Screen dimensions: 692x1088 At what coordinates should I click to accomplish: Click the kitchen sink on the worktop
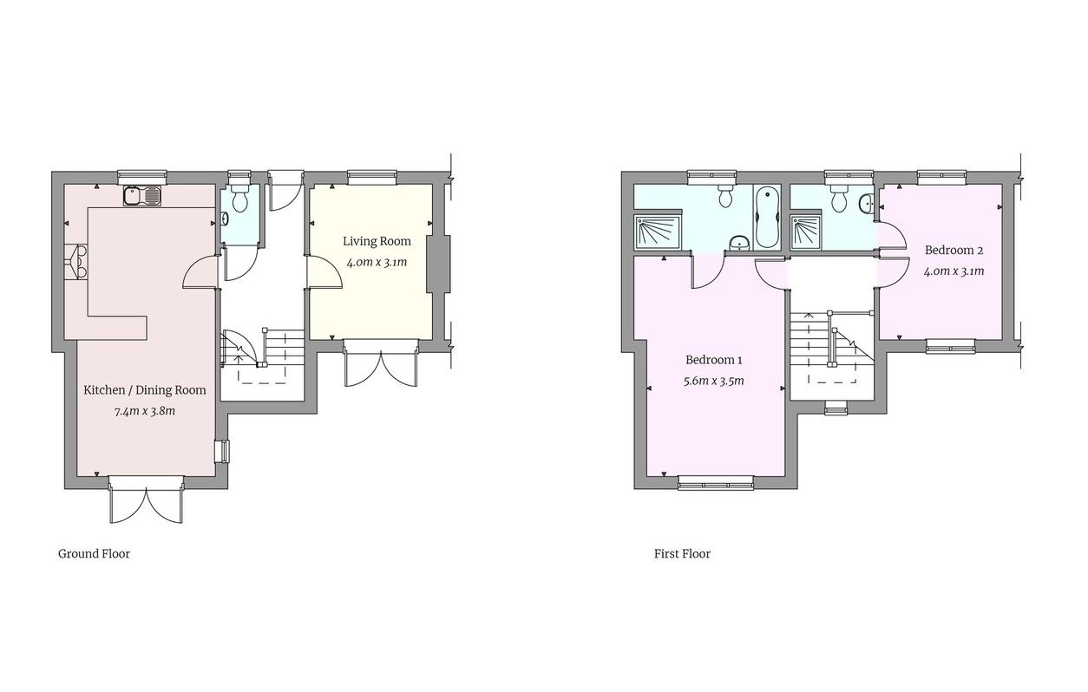tap(143, 196)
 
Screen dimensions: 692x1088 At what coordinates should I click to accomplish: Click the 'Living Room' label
tap(377, 241)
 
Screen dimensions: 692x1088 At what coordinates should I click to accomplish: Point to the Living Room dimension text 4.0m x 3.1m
tap(377, 262)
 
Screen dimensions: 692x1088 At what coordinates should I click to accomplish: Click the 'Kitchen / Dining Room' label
tap(145, 390)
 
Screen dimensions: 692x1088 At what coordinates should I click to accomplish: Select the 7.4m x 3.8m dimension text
tap(145, 411)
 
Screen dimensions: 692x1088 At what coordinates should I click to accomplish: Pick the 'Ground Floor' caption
tap(94, 553)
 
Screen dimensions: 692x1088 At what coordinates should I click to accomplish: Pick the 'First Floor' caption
tap(682, 553)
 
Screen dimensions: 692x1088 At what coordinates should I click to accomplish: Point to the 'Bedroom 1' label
tap(714, 360)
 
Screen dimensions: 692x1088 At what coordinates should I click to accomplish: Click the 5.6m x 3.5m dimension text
tap(714, 381)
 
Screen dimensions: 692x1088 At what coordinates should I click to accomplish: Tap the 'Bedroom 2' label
tap(954, 251)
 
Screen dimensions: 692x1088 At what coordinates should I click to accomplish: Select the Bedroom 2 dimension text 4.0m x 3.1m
tap(954, 271)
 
